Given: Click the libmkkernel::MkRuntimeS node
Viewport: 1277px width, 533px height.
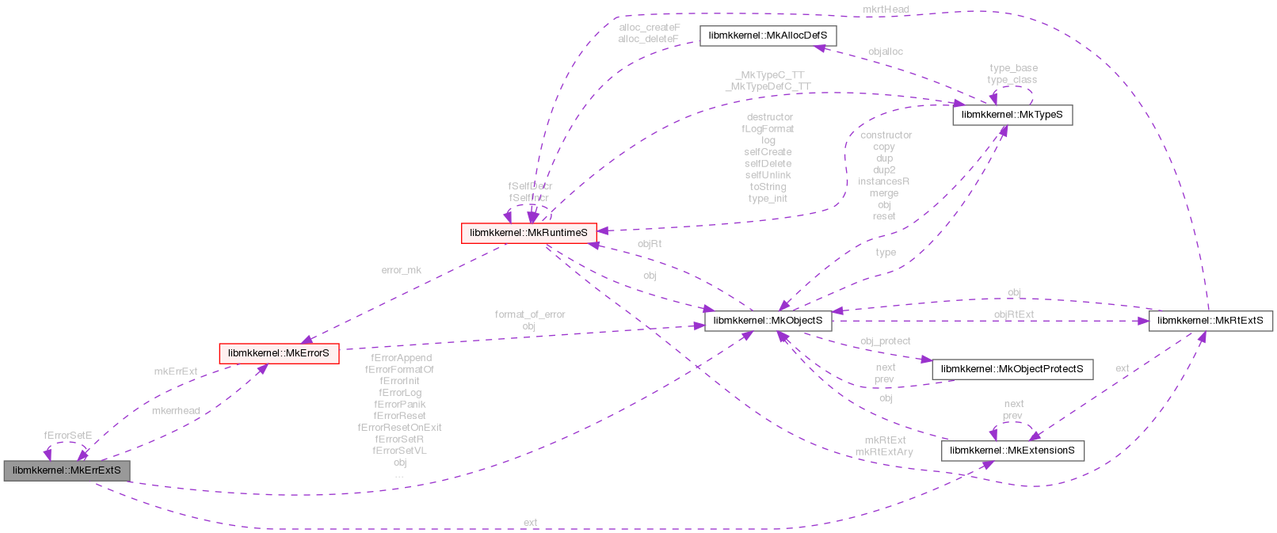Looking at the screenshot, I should tap(528, 233).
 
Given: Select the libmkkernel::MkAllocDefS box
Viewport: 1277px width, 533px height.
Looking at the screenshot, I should tap(768, 36).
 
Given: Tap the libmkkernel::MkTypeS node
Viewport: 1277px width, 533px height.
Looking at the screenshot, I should tap(1012, 115).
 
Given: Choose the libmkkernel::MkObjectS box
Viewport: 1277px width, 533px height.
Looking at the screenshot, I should tap(768, 321).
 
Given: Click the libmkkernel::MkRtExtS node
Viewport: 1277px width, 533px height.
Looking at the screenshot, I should tap(1210, 321).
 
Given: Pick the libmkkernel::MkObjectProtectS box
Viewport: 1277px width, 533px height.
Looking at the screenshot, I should tap(1012, 369).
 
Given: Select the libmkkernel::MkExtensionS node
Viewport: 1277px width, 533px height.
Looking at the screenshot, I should tap(1012, 451).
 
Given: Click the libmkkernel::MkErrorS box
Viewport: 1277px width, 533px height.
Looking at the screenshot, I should tap(278, 353).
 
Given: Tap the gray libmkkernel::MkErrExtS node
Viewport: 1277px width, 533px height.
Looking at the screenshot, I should tap(67, 470).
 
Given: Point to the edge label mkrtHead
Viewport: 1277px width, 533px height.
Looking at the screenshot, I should tap(886, 10).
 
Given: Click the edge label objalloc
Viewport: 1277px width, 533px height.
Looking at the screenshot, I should tap(885, 51).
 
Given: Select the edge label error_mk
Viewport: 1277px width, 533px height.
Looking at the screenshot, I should tap(401, 270).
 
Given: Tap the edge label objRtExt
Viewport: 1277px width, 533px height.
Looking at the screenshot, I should tap(1013, 314).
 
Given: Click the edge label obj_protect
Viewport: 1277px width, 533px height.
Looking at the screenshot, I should tap(885, 341).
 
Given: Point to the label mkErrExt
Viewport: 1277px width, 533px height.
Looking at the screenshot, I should tap(175, 371).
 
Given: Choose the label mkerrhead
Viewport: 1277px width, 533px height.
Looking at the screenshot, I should tap(175, 410).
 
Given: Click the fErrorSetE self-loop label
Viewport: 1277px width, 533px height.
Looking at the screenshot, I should tap(67, 436).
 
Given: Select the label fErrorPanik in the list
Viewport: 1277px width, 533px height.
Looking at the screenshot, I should tap(399, 404).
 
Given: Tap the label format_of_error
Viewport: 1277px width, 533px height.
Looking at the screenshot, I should tap(530, 314).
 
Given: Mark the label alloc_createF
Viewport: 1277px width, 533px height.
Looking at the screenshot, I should tap(649, 28).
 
